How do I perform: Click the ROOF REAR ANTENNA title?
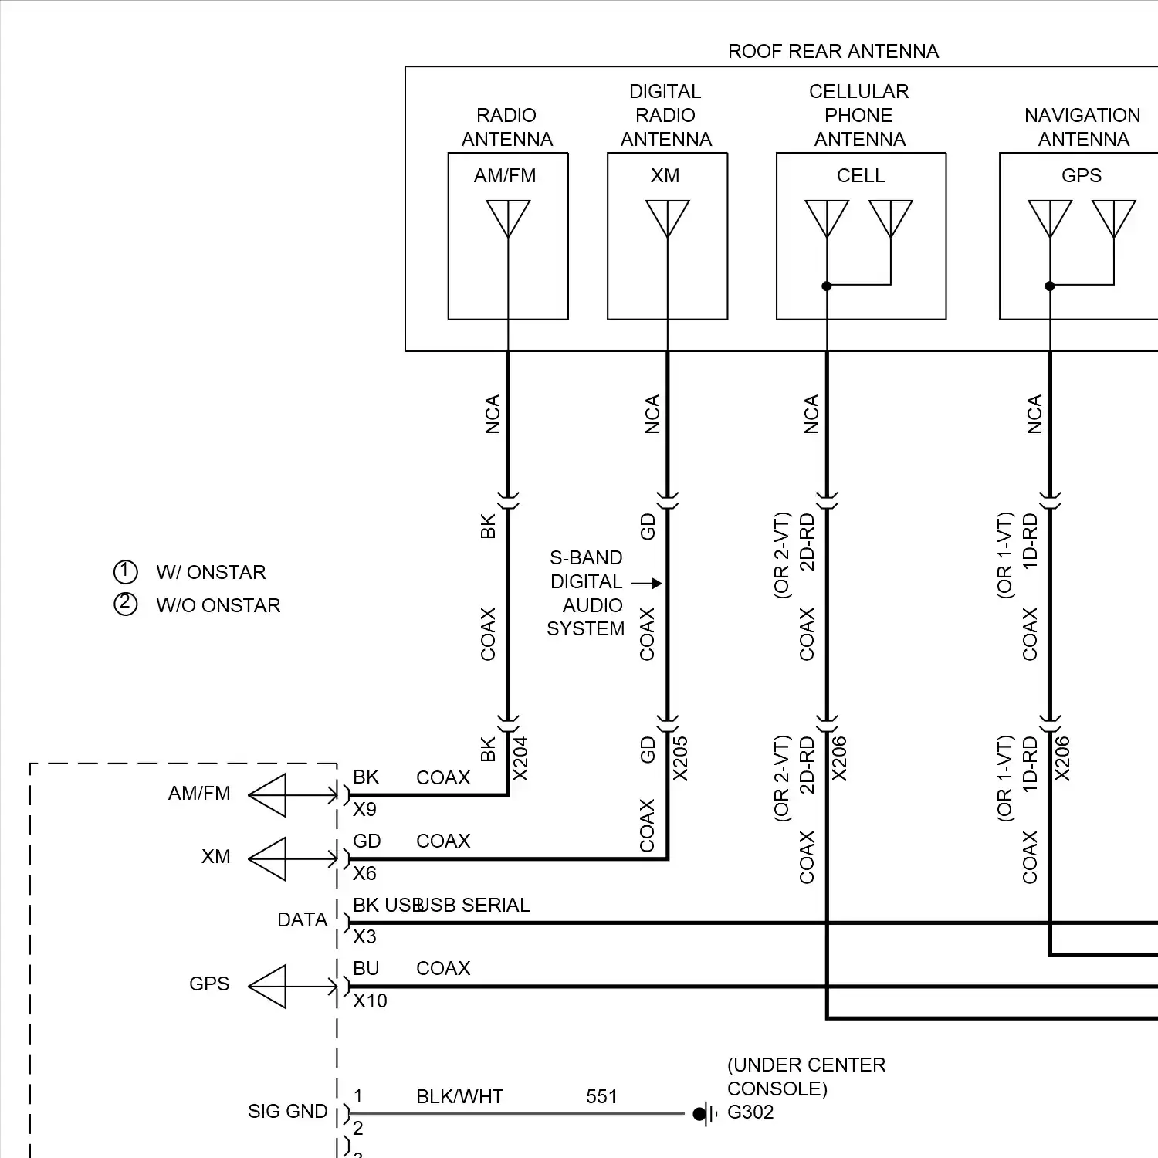click(833, 51)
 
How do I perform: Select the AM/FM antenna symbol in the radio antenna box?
click(508, 218)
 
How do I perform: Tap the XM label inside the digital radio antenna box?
click(665, 176)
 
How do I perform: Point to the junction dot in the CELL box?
click(826, 286)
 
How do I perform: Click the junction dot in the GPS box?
click(1049, 286)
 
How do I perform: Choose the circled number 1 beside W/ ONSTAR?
click(125, 572)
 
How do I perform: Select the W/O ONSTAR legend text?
click(218, 605)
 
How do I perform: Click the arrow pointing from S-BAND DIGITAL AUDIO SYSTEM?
click(647, 583)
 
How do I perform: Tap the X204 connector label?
click(521, 759)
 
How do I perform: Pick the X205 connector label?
click(680, 759)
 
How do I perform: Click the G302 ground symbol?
click(703, 1113)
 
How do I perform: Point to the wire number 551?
click(601, 1096)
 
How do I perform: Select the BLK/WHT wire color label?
click(459, 1096)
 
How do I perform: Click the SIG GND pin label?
click(287, 1111)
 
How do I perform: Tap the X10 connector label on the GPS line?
click(370, 1001)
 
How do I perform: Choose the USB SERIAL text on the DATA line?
click(472, 905)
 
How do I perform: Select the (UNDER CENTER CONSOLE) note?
click(806, 1076)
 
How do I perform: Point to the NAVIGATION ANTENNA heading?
click(1082, 127)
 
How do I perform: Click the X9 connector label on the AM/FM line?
click(364, 809)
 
